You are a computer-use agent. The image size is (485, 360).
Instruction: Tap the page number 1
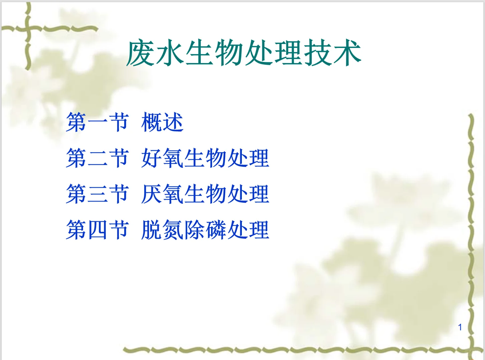pos(460,327)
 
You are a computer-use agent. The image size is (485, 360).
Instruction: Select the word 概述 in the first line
pos(162,122)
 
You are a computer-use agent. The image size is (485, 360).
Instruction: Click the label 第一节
pos(97,122)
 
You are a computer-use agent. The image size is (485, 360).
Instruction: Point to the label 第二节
pos(97,158)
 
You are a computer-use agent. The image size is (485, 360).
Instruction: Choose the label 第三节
pos(97,194)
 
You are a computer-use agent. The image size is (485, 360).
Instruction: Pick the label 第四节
pos(97,230)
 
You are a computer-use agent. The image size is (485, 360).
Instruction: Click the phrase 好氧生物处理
pos(205,158)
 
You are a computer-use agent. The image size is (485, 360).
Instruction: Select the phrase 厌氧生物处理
pos(205,194)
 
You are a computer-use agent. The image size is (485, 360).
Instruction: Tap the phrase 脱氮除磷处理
pos(205,230)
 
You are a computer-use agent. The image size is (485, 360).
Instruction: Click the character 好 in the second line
pos(152,158)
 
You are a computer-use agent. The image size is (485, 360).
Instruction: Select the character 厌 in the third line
pos(152,194)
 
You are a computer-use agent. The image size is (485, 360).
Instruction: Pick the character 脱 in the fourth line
pos(152,230)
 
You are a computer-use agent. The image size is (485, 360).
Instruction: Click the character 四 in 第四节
pos(97,230)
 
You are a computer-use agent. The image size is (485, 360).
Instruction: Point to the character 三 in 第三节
pos(97,194)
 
